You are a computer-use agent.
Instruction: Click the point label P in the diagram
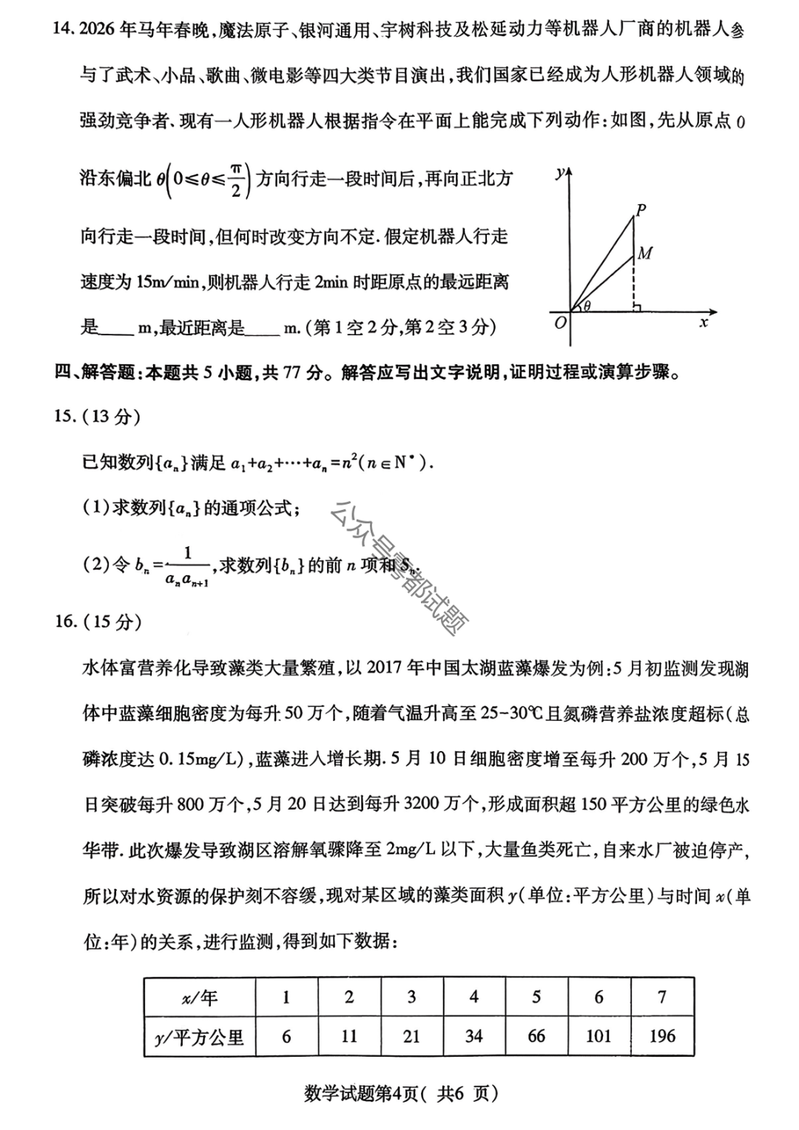(x=641, y=209)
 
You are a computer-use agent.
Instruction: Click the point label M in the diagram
(x=645, y=254)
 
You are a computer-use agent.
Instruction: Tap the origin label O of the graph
(x=560, y=323)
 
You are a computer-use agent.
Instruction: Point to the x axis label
(x=704, y=323)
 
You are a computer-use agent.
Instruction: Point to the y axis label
(x=560, y=172)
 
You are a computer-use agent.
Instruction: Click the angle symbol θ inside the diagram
(x=587, y=305)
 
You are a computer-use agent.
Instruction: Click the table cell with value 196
(x=662, y=1036)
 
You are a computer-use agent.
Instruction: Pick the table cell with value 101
(x=599, y=1036)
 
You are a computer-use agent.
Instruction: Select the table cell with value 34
(x=473, y=1036)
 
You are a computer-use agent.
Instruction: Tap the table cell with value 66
(x=536, y=1036)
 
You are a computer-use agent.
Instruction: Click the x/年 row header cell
(x=200, y=998)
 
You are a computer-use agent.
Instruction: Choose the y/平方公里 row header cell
(x=200, y=1037)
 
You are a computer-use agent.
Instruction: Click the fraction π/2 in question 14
(x=236, y=179)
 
